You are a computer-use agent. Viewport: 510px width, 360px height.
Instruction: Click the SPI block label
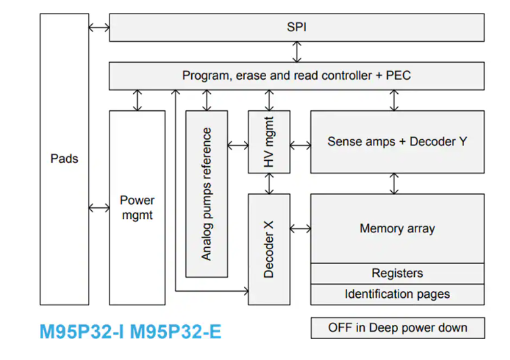[x=297, y=27]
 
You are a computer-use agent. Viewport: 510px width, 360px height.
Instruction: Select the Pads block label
[x=64, y=159]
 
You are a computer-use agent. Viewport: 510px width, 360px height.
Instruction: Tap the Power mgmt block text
[x=137, y=207]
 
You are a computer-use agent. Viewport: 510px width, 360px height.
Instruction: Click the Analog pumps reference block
[x=207, y=194]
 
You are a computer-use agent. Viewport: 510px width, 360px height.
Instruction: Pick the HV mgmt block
[x=269, y=142]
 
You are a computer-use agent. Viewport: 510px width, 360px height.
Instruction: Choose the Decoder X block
[x=269, y=249]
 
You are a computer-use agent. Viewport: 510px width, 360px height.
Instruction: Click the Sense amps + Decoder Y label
[x=397, y=142]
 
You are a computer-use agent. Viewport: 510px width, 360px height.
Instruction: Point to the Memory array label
[x=397, y=228]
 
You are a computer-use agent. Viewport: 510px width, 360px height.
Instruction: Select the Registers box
[x=397, y=274]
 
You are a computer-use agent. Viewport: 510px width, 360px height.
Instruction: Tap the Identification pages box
[x=397, y=294]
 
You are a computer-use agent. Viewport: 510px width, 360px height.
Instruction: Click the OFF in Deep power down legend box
[x=397, y=328]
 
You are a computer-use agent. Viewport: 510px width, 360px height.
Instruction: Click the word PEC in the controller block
[x=398, y=76]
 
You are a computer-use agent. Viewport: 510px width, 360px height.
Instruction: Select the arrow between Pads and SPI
[x=99, y=27]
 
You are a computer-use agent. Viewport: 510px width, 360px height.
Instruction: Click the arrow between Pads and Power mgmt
[x=99, y=207]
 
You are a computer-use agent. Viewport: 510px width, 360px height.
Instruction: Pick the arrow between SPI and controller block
[x=297, y=51]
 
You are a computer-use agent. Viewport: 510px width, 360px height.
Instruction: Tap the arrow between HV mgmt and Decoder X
[x=270, y=183]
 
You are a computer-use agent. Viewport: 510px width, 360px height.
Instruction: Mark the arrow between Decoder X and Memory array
[x=300, y=228]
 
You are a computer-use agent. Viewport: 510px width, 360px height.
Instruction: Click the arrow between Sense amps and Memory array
[x=394, y=183]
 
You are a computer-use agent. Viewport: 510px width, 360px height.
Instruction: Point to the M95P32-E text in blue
[x=175, y=332]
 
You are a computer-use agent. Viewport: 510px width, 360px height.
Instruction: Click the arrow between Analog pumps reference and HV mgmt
[x=238, y=145]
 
